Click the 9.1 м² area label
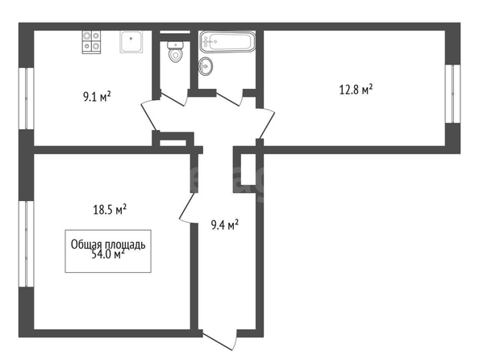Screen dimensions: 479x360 (97, 97)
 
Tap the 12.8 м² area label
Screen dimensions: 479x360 (356, 90)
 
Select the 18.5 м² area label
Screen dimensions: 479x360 (110, 210)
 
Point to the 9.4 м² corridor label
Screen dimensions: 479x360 (225, 225)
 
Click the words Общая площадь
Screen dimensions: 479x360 (108, 245)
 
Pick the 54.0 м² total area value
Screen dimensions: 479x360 (108, 254)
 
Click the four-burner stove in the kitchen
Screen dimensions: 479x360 (91, 42)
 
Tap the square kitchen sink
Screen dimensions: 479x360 (131, 42)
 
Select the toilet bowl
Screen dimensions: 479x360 (175, 52)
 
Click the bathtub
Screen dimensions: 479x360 (227, 42)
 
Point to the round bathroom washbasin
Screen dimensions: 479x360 (206, 65)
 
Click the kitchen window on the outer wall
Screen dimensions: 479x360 (27, 98)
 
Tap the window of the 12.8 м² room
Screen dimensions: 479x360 (452, 94)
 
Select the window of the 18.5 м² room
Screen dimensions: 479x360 (27, 244)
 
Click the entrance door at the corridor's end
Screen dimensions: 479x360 (221, 340)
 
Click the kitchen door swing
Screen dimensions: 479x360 (148, 115)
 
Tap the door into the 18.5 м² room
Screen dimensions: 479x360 (188, 207)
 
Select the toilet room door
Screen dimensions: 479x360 (173, 98)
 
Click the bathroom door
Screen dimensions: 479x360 (229, 98)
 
